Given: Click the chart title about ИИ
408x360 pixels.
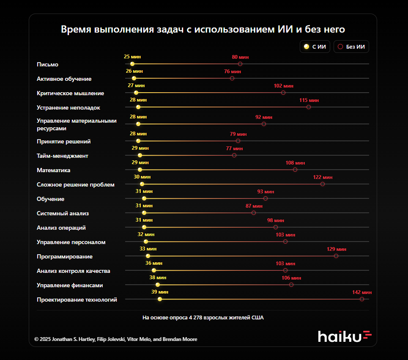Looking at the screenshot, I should (203, 30).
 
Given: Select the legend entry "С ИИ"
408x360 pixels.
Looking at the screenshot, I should (315, 47).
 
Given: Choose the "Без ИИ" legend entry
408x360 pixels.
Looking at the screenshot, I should (351, 47).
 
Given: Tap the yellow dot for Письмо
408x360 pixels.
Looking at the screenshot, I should (132, 64).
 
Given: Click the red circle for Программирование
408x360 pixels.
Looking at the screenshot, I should (336, 256).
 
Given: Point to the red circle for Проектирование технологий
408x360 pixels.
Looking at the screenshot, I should (362, 299).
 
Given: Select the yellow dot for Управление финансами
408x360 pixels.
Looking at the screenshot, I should (158, 285).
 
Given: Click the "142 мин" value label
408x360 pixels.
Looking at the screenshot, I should (362, 292).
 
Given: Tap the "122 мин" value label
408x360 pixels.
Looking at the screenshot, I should (323, 177).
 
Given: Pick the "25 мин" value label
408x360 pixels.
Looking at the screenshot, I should (132, 57).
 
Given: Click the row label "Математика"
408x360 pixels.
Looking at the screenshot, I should (54, 170).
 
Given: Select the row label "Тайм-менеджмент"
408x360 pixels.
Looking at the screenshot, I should (63, 156).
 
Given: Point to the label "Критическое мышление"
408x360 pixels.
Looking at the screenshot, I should (70, 93).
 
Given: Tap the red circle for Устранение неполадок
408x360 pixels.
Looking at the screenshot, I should (309, 107).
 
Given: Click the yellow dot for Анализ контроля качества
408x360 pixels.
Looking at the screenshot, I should (154, 270).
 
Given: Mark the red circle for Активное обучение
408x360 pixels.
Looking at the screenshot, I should (232, 78).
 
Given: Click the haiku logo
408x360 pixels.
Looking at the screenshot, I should (345, 336).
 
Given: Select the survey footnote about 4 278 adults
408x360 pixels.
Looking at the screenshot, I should (203, 317).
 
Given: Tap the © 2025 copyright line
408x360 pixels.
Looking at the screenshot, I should (115, 339).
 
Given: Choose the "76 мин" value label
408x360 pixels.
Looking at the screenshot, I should (232, 71).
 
